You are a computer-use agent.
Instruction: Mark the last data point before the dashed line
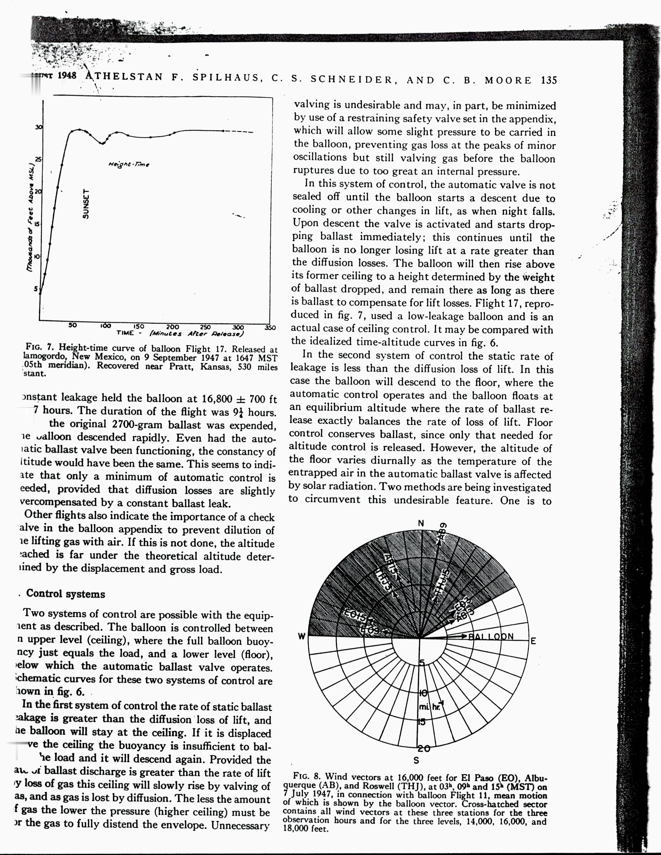tap(223, 131)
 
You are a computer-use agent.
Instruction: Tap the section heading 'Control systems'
tap(65, 594)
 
